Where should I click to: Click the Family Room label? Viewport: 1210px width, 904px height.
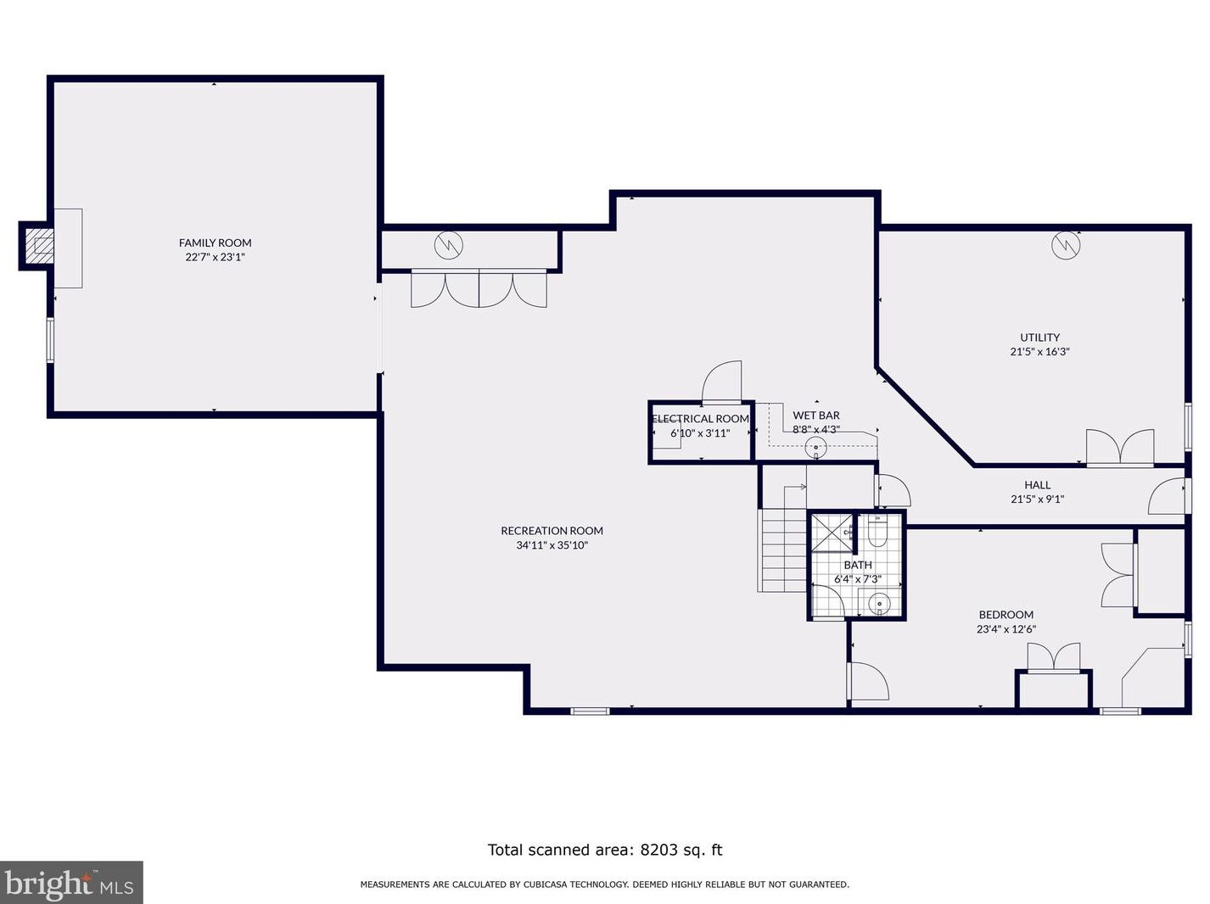pyautogui.click(x=215, y=243)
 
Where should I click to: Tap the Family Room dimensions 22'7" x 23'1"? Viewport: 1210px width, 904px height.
pyautogui.click(x=215, y=257)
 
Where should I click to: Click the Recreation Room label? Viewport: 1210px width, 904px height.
pyautogui.click(x=552, y=531)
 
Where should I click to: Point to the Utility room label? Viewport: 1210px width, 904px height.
pyautogui.click(x=1039, y=338)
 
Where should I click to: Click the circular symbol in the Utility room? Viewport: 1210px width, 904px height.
pyautogui.click(x=1066, y=246)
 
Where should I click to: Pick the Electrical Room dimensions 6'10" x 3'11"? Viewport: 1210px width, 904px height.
pyautogui.click(x=700, y=433)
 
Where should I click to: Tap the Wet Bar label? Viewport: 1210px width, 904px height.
pyautogui.click(x=815, y=416)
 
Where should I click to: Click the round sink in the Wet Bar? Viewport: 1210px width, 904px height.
pyautogui.click(x=815, y=448)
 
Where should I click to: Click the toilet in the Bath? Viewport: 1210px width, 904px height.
pyautogui.click(x=877, y=531)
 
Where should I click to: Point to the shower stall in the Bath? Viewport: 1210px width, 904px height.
pyautogui.click(x=832, y=533)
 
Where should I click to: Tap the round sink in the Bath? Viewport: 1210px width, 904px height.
pyautogui.click(x=879, y=604)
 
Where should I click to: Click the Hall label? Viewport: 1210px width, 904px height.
pyautogui.click(x=1037, y=485)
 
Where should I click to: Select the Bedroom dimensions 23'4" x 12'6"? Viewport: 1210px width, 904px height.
pyautogui.click(x=1006, y=628)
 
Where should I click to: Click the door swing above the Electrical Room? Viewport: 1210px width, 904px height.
pyautogui.click(x=721, y=382)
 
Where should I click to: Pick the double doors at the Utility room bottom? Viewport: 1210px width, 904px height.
pyautogui.click(x=1120, y=448)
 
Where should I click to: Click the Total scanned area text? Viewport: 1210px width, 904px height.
pyautogui.click(x=605, y=850)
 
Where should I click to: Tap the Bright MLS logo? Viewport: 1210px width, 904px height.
pyautogui.click(x=71, y=883)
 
